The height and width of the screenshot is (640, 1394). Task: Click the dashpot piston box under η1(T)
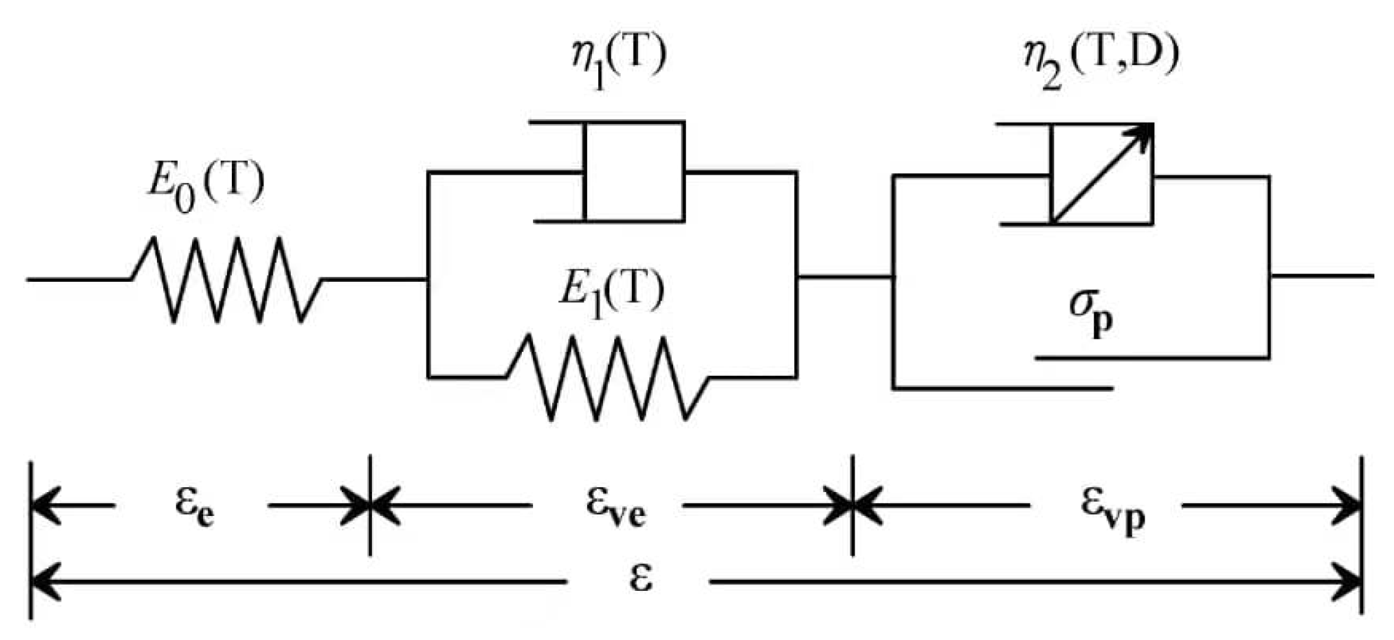click(634, 172)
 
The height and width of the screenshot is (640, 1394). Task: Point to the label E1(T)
click(611, 293)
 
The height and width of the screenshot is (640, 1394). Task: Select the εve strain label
click(615, 508)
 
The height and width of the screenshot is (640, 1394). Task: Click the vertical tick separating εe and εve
click(370, 505)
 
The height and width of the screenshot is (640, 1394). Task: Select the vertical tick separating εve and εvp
click(853, 505)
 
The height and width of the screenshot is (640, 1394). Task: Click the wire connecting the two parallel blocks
click(845, 277)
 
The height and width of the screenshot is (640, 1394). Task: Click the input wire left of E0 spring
click(77, 279)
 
